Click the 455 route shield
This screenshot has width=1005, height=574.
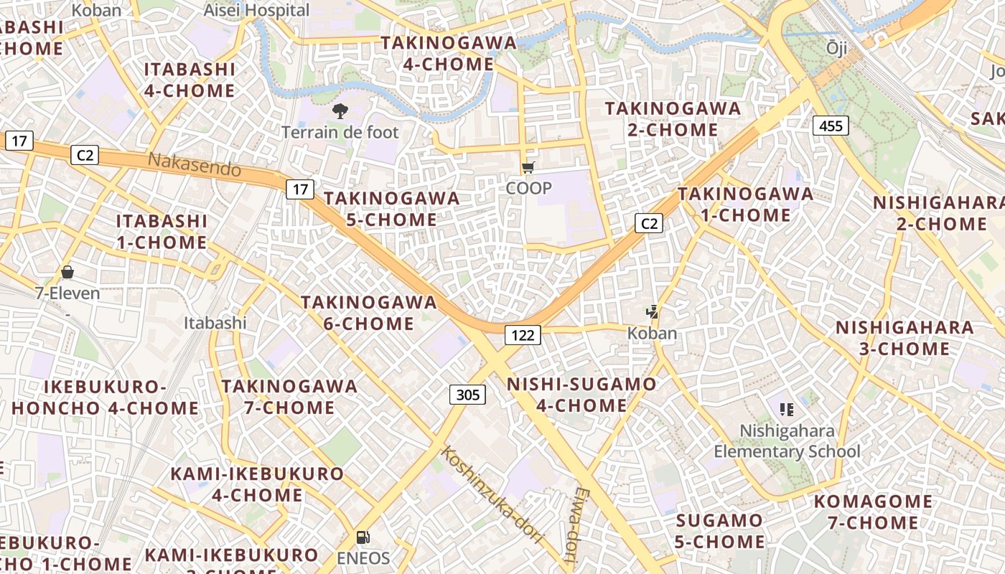pos(831,126)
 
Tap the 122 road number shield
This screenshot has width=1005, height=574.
pos(522,334)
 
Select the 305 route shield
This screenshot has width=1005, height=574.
pos(467,394)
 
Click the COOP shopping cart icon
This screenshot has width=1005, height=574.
pos(528,168)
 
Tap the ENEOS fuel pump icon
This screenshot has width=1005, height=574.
pos(363,537)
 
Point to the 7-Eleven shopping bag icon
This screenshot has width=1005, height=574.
pos(67,272)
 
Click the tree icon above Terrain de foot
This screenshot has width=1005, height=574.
pos(340,111)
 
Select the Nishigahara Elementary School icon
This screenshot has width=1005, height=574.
pos(786,410)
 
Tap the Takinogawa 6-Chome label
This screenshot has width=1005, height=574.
pos(368,313)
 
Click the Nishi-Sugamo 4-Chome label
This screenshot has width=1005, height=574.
pos(581,395)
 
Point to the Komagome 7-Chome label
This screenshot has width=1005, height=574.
pos(873,512)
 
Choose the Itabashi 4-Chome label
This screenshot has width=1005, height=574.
pos(190,80)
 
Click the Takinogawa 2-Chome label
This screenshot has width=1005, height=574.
pos(672,119)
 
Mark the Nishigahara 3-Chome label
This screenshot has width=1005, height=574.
pos(892,338)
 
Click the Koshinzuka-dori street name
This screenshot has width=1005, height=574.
pos(491,494)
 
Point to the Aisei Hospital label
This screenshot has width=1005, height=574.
pos(256,10)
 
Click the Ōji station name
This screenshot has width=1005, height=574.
pos(836,48)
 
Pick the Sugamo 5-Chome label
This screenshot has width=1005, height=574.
pos(719,531)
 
